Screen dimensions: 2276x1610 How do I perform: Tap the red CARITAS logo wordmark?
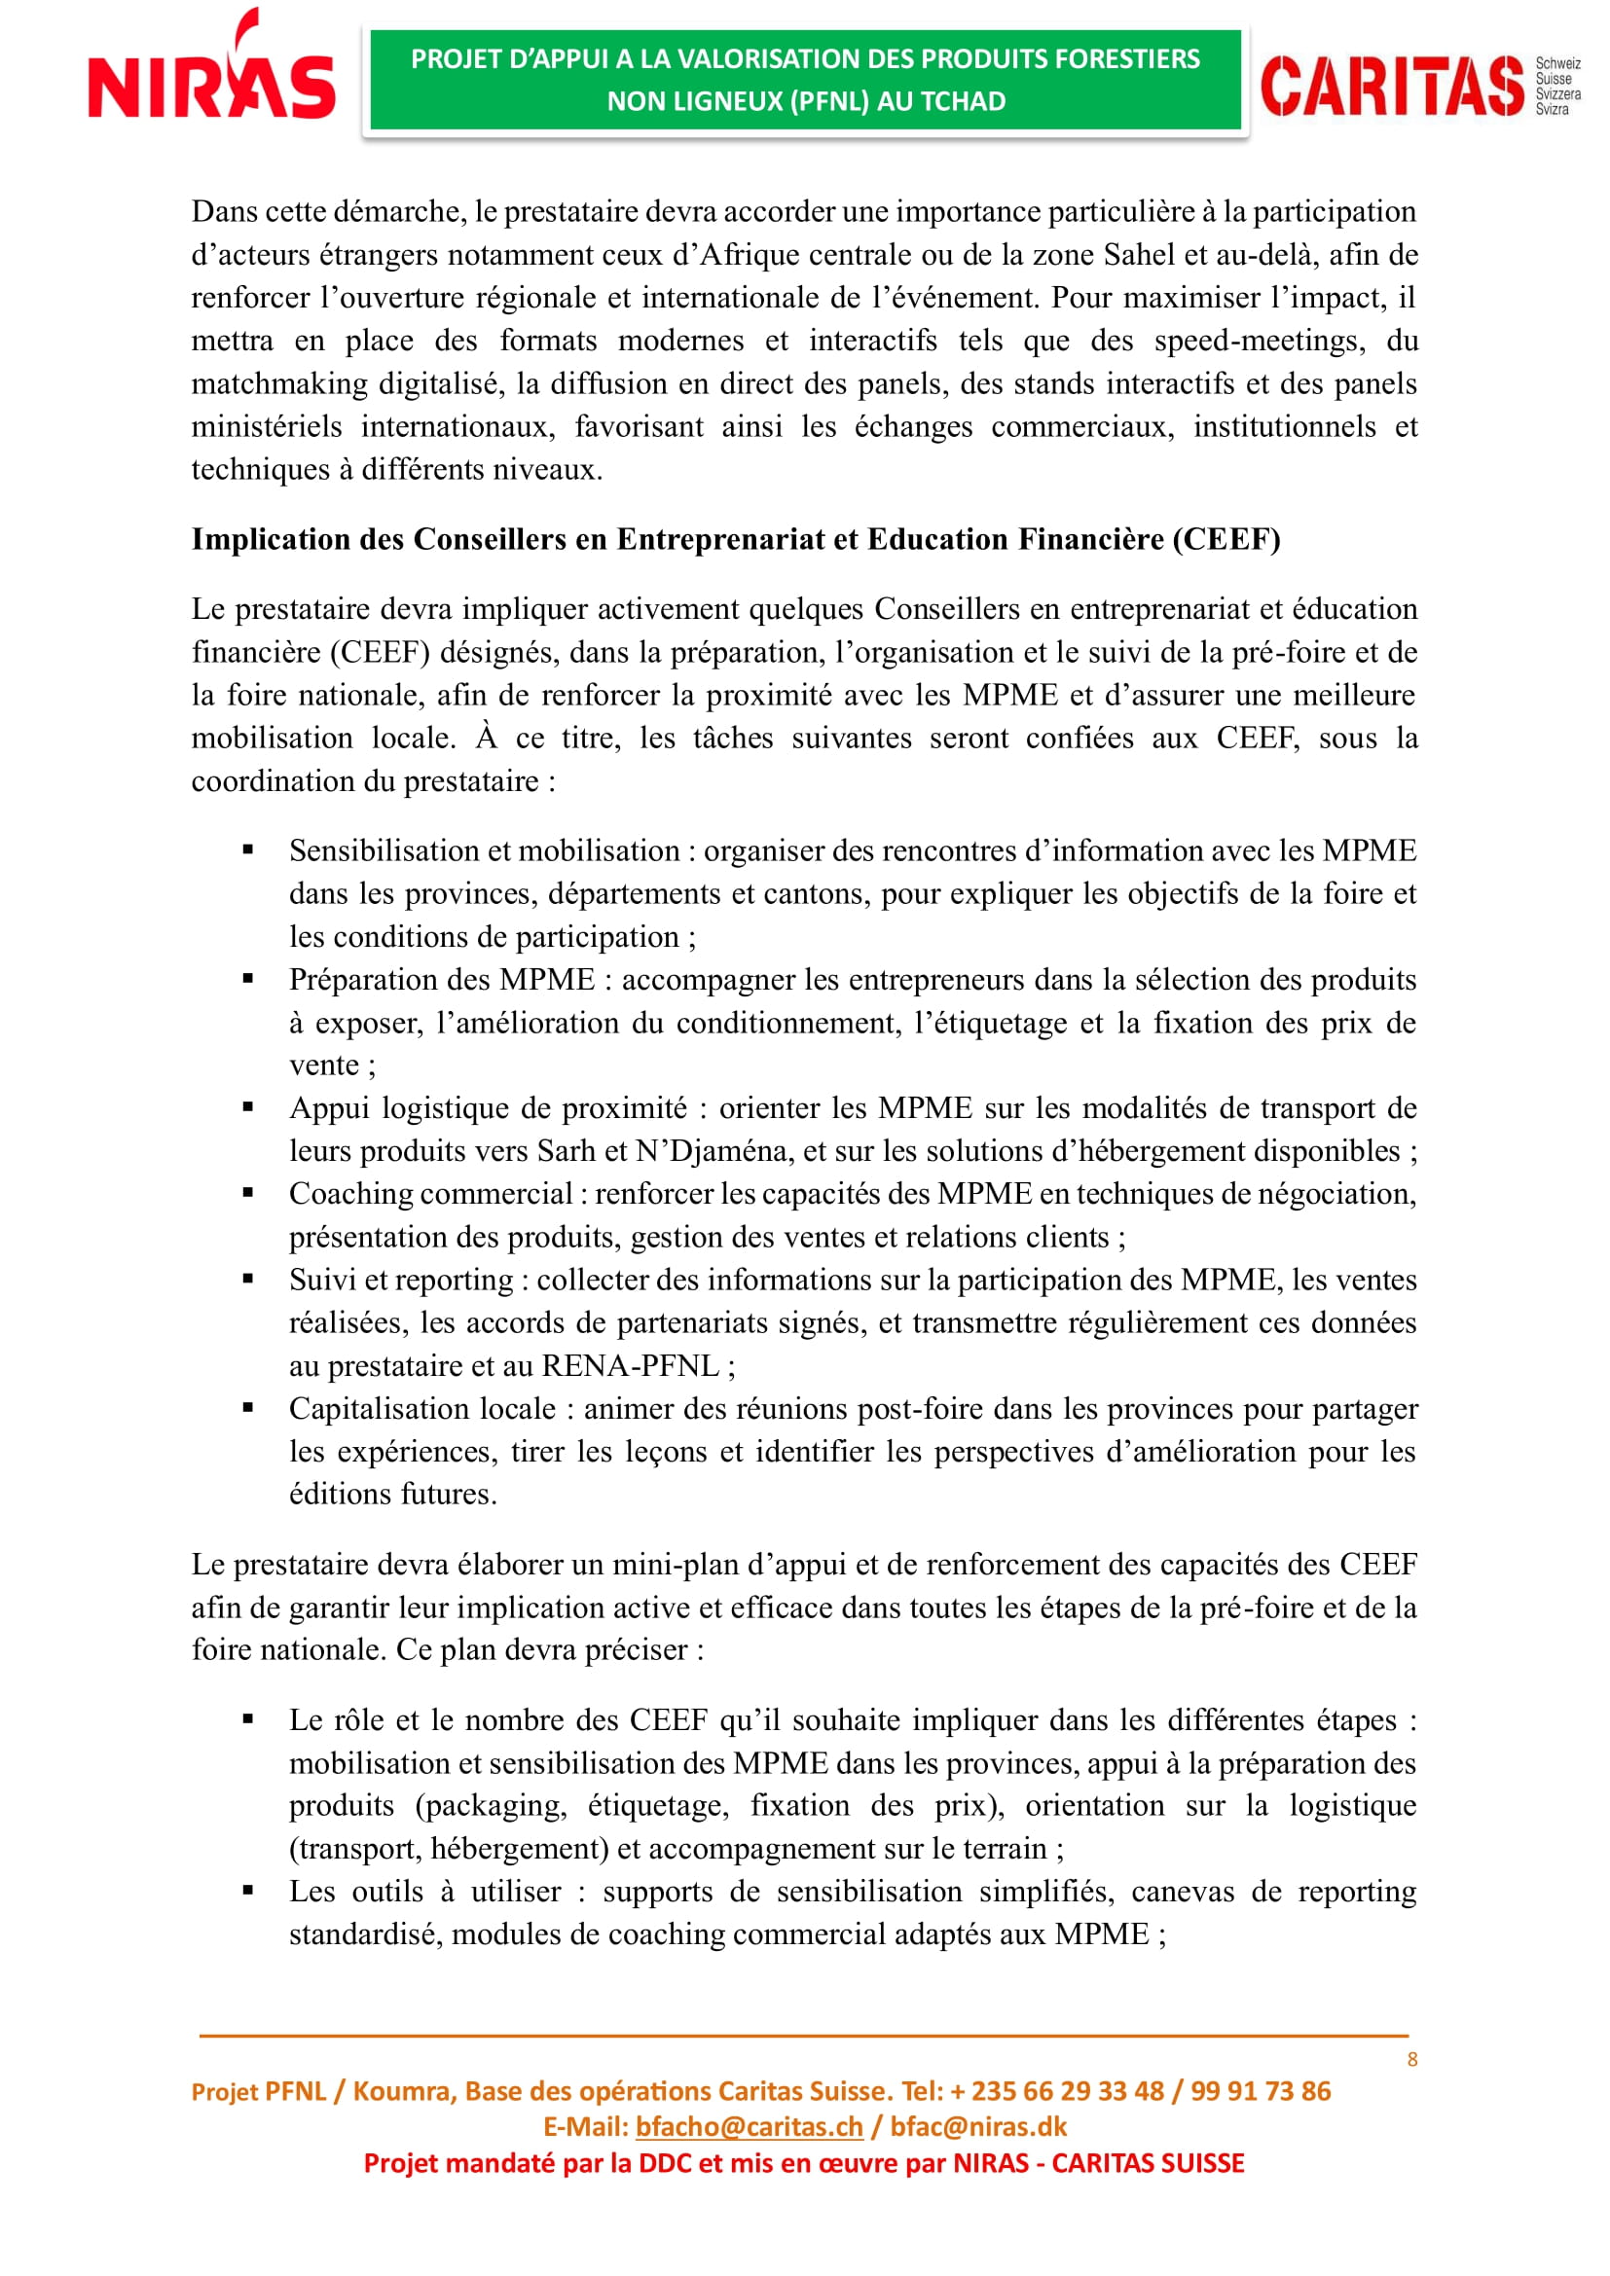[1392, 87]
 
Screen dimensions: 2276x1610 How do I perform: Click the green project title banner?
[805, 81]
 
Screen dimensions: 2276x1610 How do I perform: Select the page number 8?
[1411, 2060]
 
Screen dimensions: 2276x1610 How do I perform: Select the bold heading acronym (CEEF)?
[1226, 539]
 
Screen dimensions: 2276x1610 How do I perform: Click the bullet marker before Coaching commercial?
[248, 1194]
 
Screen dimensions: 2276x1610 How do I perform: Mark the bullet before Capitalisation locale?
[248, 1408]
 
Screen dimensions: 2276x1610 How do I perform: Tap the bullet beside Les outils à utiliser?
[248, 1892]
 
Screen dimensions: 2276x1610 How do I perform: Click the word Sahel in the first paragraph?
[1139, 255]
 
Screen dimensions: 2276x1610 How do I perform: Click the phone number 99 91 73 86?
[1260, 2090]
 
